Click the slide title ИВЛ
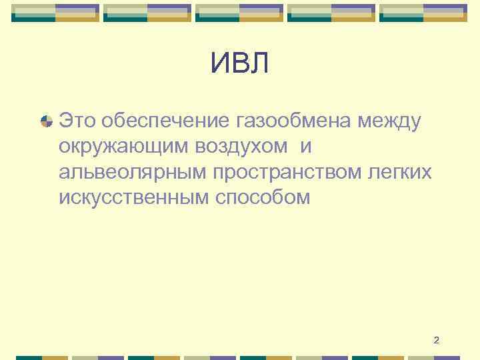coord(240,64)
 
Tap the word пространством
coord(289,173)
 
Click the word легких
coord(401,173)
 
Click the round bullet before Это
coord(47,121)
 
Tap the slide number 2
coord(436,341)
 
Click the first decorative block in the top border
coord(55,13)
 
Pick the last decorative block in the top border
coord(423,13)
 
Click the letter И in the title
coord(220,64)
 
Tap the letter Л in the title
coord(260,64)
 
